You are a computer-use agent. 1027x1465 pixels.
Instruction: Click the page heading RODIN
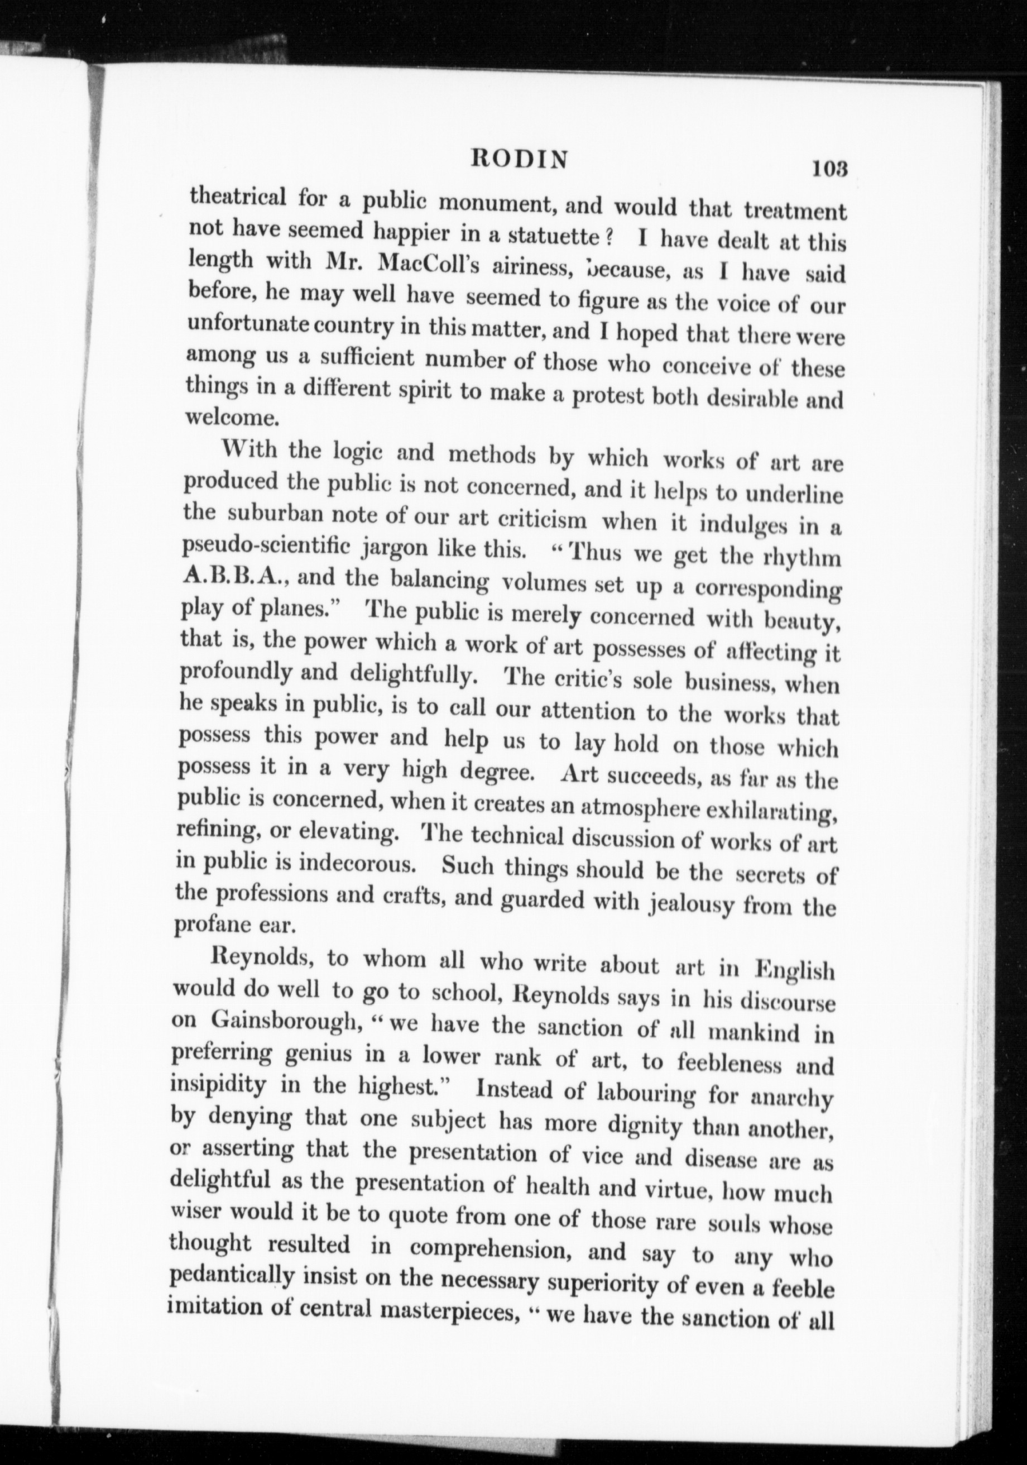[518, 160]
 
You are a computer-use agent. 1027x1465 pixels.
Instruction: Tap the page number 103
[829, 169]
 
